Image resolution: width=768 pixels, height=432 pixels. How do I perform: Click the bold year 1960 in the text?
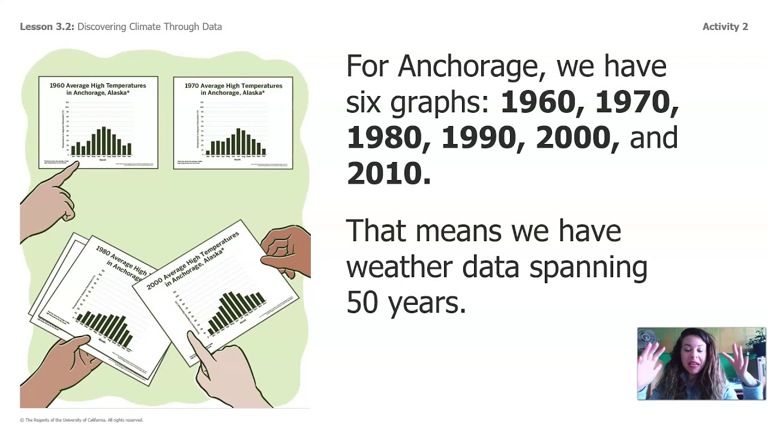(x=537, y=102)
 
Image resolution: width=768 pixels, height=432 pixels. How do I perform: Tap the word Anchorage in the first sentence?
(x=471, y=66)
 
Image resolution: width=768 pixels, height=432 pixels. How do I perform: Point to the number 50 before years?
(x=362, y=302)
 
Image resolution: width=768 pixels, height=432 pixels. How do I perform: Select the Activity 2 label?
(x=725, y=26)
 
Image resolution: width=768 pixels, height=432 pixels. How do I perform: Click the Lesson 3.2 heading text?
(x=47, y=26)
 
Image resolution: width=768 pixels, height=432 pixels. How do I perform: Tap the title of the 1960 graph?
(x=98, y=89)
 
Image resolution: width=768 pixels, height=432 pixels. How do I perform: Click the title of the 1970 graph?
(x=233, y=89)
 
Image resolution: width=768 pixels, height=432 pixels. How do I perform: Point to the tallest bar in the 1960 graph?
(x=104, y=141)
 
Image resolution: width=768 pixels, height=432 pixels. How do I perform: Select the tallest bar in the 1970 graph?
(x=239, y=142)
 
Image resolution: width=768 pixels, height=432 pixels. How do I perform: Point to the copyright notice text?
(x=82, y=420)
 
